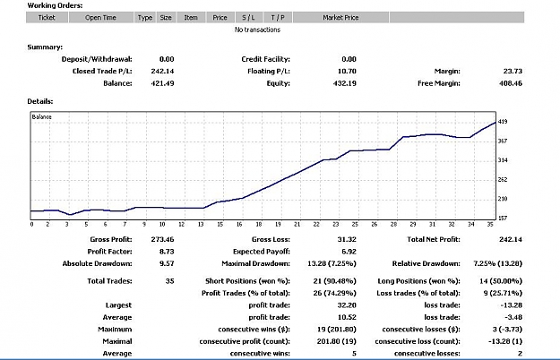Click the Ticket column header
tap(47, 18)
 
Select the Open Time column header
tap(100, 18)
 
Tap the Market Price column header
tap(340, 18)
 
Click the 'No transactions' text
tap(257, 30)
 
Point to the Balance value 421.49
tap(162, 83)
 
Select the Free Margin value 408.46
tap(511, 83)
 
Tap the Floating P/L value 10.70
tap(347, 71)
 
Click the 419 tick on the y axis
tap(503, 122)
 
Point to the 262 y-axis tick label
tap(503, 179)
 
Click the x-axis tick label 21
tap(297, 224)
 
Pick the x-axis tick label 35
tap(490, 224)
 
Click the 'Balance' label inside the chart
tap(42, 116)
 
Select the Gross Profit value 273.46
tap(162, 239)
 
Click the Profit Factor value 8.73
tap(167, 252)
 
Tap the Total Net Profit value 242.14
tap(511, 239)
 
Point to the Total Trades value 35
tap(170, 281)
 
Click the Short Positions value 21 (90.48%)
tap(334, 281)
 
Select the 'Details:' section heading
tap(40, 101)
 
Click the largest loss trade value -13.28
tap(512, 305)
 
